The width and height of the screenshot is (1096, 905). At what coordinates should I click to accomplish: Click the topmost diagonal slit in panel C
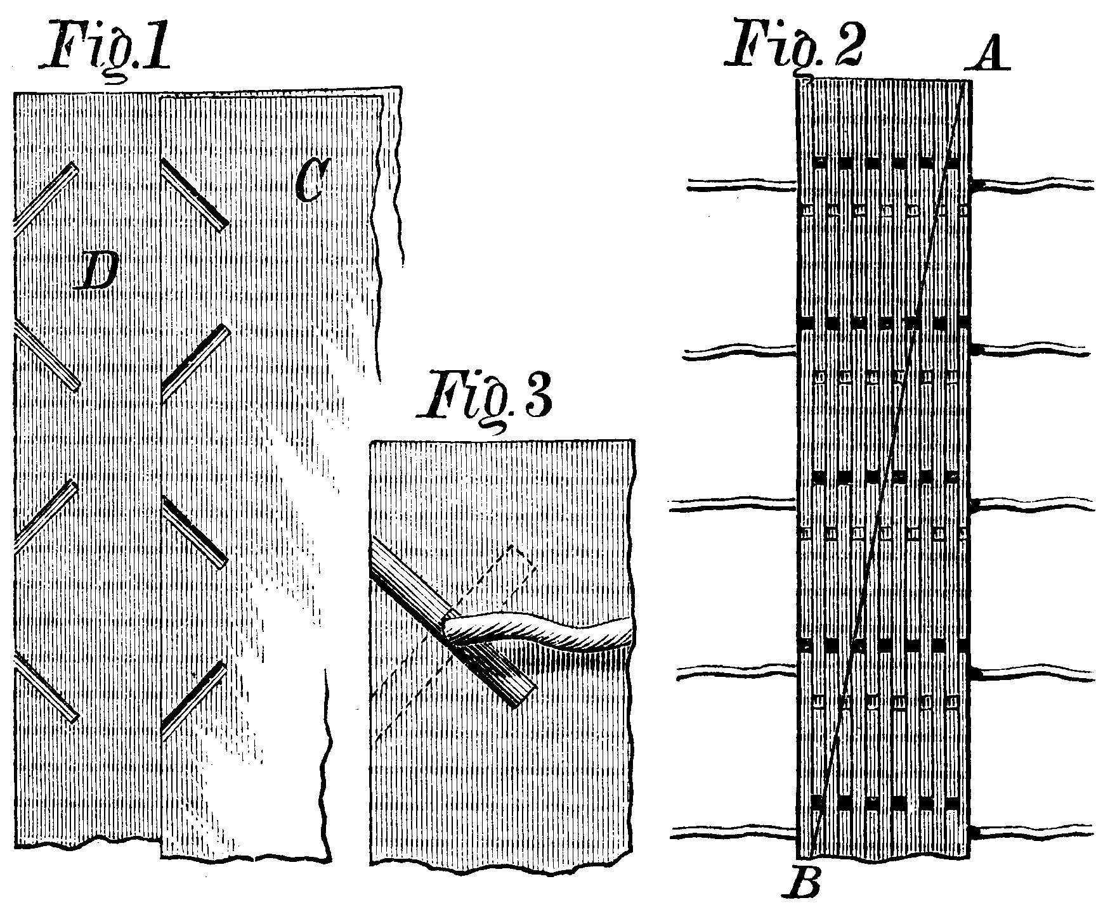point(194,193)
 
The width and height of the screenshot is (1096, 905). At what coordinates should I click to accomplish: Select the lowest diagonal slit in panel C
point(194,698)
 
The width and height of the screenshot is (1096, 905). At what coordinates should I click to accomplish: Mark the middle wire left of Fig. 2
point(733,505)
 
